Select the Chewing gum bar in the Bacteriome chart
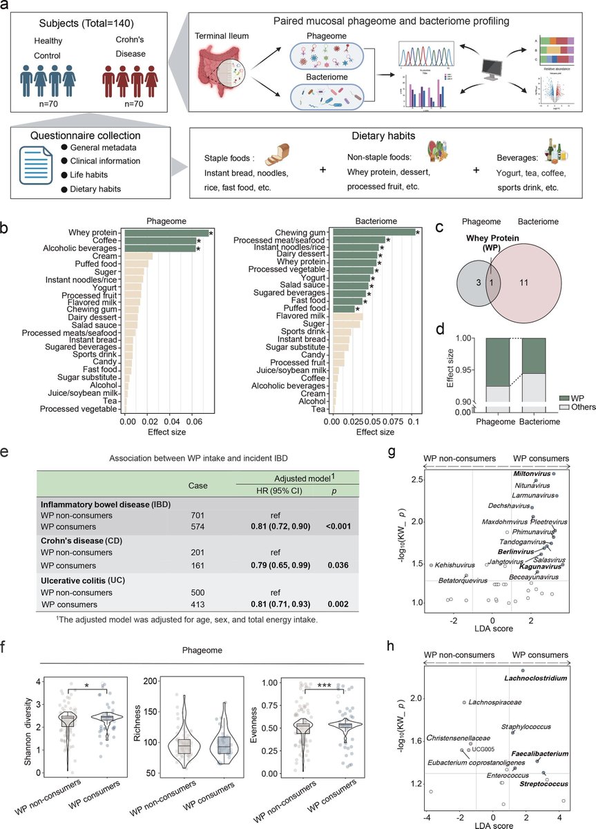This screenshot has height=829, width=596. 374,232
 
